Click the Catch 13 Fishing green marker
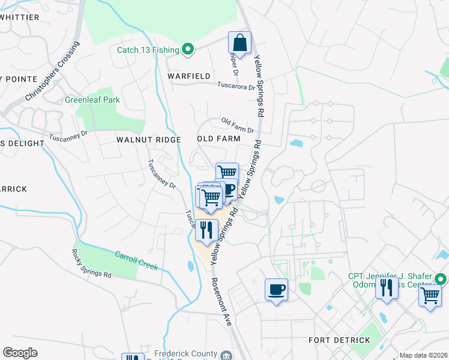pos(187,50)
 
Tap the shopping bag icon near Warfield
pos(240,43)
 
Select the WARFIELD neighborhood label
pos(189,76)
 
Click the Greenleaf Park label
pos(92,100)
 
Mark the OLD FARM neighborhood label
pos(218,139)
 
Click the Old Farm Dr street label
pos(238,125)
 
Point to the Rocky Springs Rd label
pos(91,264)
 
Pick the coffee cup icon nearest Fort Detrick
pos(276,290)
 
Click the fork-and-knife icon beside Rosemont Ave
pos(206,230)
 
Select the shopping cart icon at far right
pos(430,296)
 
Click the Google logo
pos(20,353)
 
